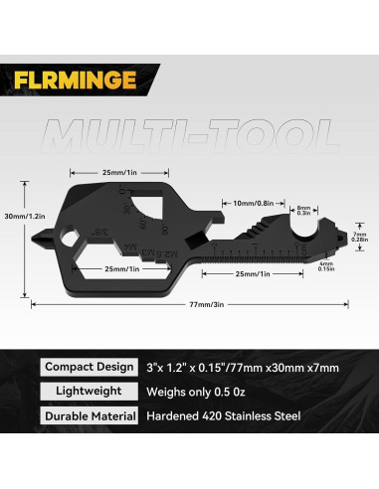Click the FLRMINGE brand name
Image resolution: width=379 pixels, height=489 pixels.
coord(74,79)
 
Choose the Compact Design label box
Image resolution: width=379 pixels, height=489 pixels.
coord(90,367)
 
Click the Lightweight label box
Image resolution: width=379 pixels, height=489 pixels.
coord(90,393)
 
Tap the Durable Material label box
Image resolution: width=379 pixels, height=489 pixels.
coord(90,418)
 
